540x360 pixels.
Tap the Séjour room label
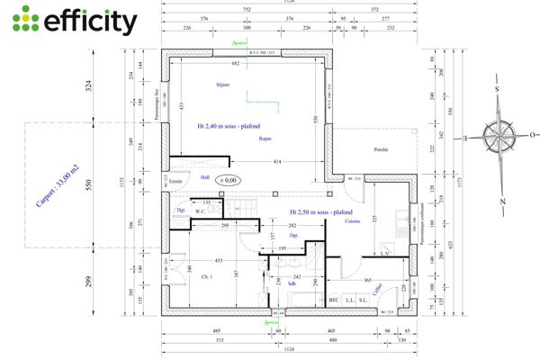[x=223, y=85]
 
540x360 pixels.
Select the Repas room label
[x=265, y=139]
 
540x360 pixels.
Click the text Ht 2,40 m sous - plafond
[x=229, y=128]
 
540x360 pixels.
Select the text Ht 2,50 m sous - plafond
[x=321, y=212]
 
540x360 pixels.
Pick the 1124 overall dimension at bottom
[x=290, y=351]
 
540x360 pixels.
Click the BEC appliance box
[x=333, y=300]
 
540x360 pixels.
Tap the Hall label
[x=205, y=177]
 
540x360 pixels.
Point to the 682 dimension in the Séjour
[x=236, y=65]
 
